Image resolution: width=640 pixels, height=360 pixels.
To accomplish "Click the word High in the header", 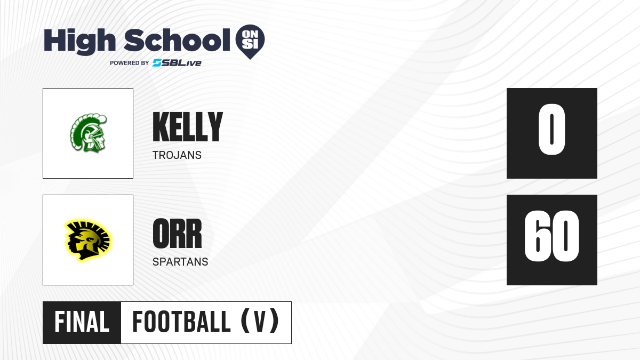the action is tap(79, 42).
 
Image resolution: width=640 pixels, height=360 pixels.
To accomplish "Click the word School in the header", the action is tap(177, 39).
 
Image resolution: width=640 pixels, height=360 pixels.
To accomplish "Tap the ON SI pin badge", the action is tap(250, 42).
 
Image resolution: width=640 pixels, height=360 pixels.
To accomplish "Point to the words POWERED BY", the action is tap(130, 63).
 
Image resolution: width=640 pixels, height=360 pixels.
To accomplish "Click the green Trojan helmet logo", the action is tap(89, 133).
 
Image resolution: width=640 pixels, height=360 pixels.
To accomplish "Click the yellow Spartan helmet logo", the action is tap(88, 240).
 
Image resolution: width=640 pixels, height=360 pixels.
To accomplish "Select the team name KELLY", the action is tap(188, 126).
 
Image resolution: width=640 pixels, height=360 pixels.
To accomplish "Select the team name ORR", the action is tap(177, 234).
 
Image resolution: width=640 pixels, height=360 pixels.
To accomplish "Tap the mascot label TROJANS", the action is tap(177, 155).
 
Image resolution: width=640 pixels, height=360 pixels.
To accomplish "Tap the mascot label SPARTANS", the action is tap(180, 262).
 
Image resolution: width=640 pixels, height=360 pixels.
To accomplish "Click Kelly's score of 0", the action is tap(551, 130).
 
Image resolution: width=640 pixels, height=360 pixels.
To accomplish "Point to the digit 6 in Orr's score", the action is tap(538, 236).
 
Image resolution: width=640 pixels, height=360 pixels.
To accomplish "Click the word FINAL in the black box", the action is tap(82, 322).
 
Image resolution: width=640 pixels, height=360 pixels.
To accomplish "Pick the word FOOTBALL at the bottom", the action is tap(181, 322).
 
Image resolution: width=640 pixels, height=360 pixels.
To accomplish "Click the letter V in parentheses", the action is tap(260, 322).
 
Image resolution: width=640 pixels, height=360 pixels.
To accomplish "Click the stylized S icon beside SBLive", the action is tap(157, 63).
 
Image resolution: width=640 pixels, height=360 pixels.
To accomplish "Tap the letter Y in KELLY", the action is tap(215, 126).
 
